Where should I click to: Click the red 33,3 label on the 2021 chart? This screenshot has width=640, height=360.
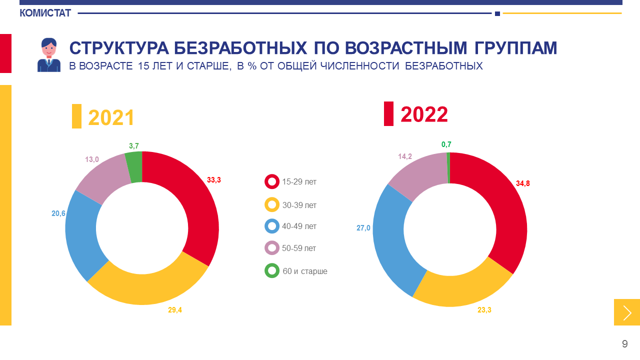(214, 180)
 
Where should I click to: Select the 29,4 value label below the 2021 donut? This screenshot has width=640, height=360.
(175, 310)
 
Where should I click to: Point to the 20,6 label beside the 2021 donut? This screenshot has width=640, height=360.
(58, 213)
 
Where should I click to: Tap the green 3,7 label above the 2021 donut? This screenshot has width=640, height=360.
(133, 146)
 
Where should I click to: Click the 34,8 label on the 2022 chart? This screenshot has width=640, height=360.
(523, 183)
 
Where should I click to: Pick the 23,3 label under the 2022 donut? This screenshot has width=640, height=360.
(484, 310)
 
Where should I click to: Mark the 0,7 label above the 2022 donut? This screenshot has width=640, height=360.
(446, 144)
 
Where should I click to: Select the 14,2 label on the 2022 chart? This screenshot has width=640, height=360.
(405, 156)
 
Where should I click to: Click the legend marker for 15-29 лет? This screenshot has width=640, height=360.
(272, 181)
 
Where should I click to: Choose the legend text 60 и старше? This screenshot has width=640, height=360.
(305, 271)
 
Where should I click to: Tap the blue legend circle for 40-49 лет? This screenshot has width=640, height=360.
(272, 226)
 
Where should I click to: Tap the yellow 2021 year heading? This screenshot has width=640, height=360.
(111, 117)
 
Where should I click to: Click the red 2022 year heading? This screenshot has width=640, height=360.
(424, 114)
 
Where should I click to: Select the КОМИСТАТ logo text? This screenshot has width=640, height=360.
(45, 13)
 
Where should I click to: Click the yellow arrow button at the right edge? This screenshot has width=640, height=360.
(627, 312)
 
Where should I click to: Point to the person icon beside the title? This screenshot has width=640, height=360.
(49, 55)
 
